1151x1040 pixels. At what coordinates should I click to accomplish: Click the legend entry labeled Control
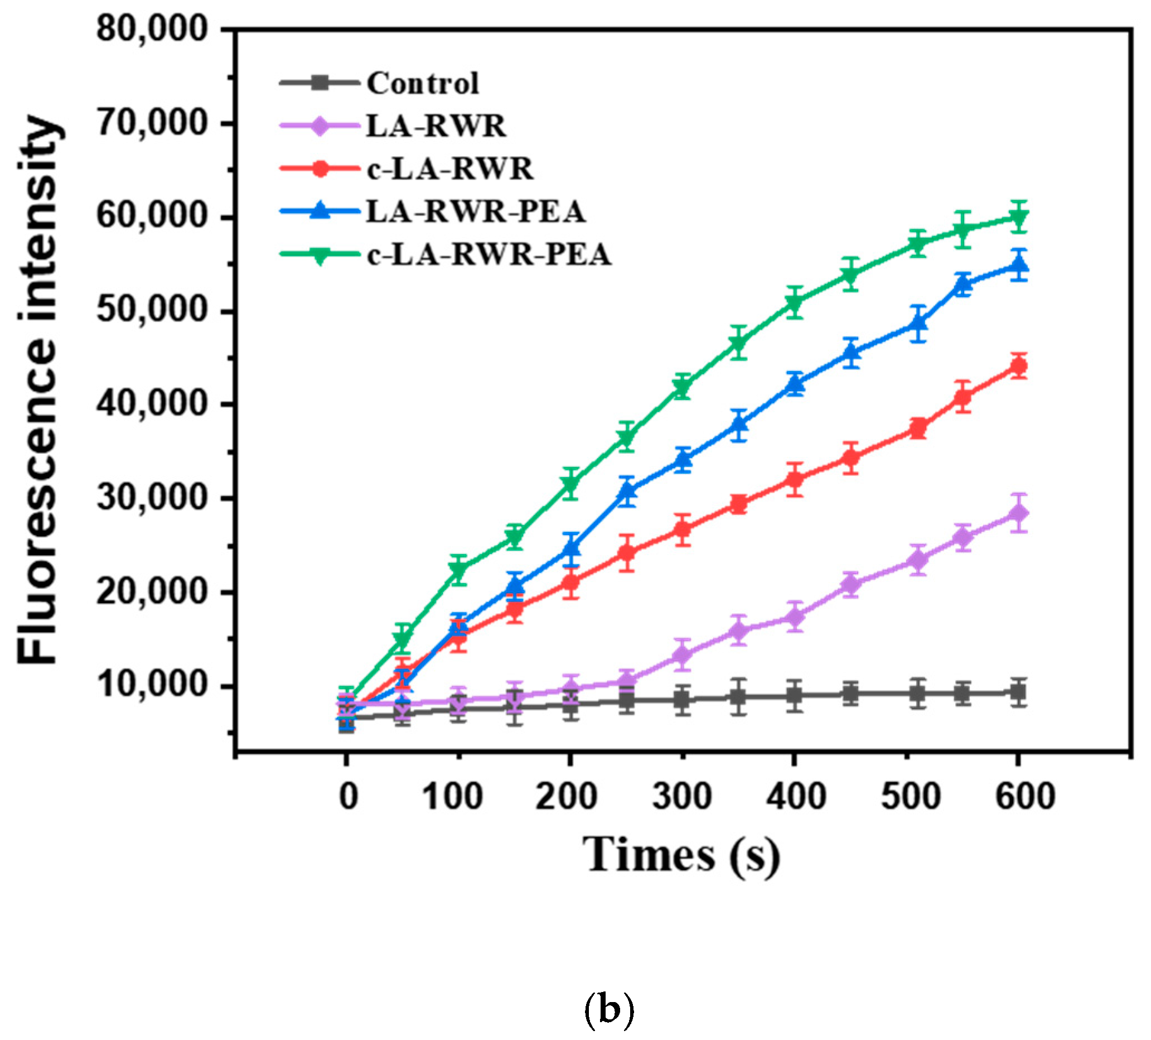coord(423,83)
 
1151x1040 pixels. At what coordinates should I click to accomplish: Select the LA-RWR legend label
coord(436,126)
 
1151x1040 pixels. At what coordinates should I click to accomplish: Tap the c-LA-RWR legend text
coord(450,169)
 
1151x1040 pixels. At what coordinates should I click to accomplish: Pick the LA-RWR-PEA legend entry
coord(476,212)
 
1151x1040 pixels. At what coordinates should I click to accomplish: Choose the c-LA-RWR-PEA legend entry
coord(489,255)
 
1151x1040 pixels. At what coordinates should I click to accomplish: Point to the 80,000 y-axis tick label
coord(151,28)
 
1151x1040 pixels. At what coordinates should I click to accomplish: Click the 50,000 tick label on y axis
coord(151,310)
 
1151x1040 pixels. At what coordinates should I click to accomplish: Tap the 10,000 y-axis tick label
coord(151,685)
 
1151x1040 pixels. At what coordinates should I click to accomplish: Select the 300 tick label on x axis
coord(682,797)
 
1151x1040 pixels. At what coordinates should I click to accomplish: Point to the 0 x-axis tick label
coord(349,797)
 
